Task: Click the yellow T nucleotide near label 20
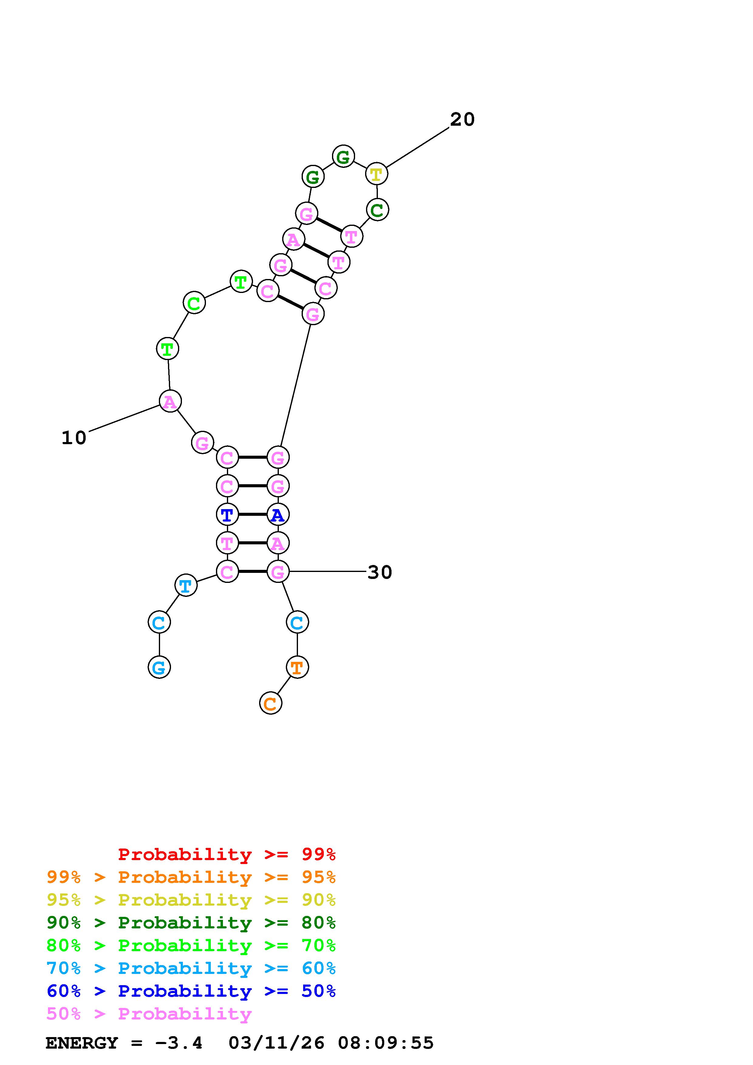[376, 174]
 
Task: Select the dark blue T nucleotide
[227, 514]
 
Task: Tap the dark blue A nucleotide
[277, 514]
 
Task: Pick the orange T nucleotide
[297, 667]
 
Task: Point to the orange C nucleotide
[270, 703]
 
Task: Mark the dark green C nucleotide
[377, 210]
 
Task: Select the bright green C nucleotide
[194, 303]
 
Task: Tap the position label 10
[74, 438]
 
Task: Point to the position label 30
[379, 572]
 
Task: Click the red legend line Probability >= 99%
[227, 854]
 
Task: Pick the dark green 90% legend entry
[191, 923]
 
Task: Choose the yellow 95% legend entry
[191, 900]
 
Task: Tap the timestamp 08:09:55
[385, 1043]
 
